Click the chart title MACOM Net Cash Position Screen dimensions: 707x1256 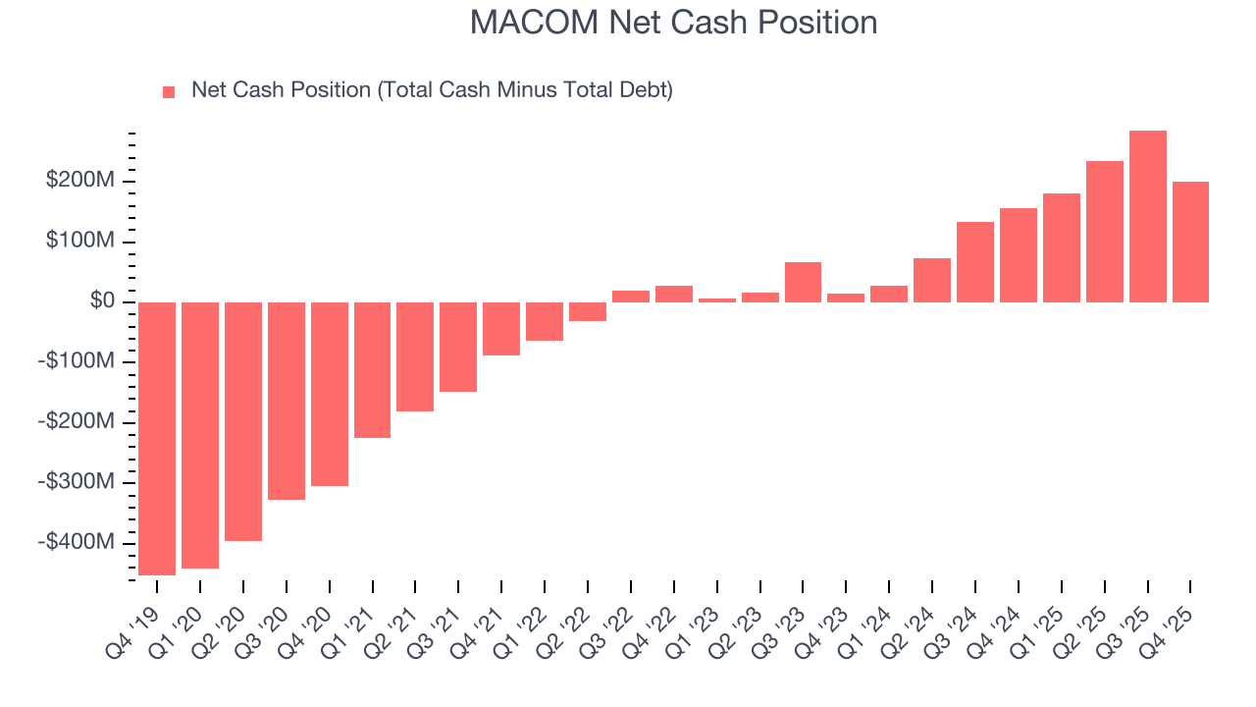click(673, 22)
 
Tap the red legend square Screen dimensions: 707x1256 click(169, 91)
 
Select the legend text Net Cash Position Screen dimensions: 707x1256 click(432, 90)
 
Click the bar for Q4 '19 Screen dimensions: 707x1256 click(157, 438)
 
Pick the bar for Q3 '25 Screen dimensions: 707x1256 click(1148, 216)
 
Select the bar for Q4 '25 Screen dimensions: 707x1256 click(1190, 242)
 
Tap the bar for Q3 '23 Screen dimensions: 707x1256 click(803, 282)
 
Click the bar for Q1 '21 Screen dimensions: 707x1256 click(373, 369)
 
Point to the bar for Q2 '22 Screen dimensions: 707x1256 click(588, 311)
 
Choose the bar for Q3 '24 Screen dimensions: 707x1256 click(975, 262)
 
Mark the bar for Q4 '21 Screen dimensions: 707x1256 click(501, 328)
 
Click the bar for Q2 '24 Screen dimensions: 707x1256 click(932, 280)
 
